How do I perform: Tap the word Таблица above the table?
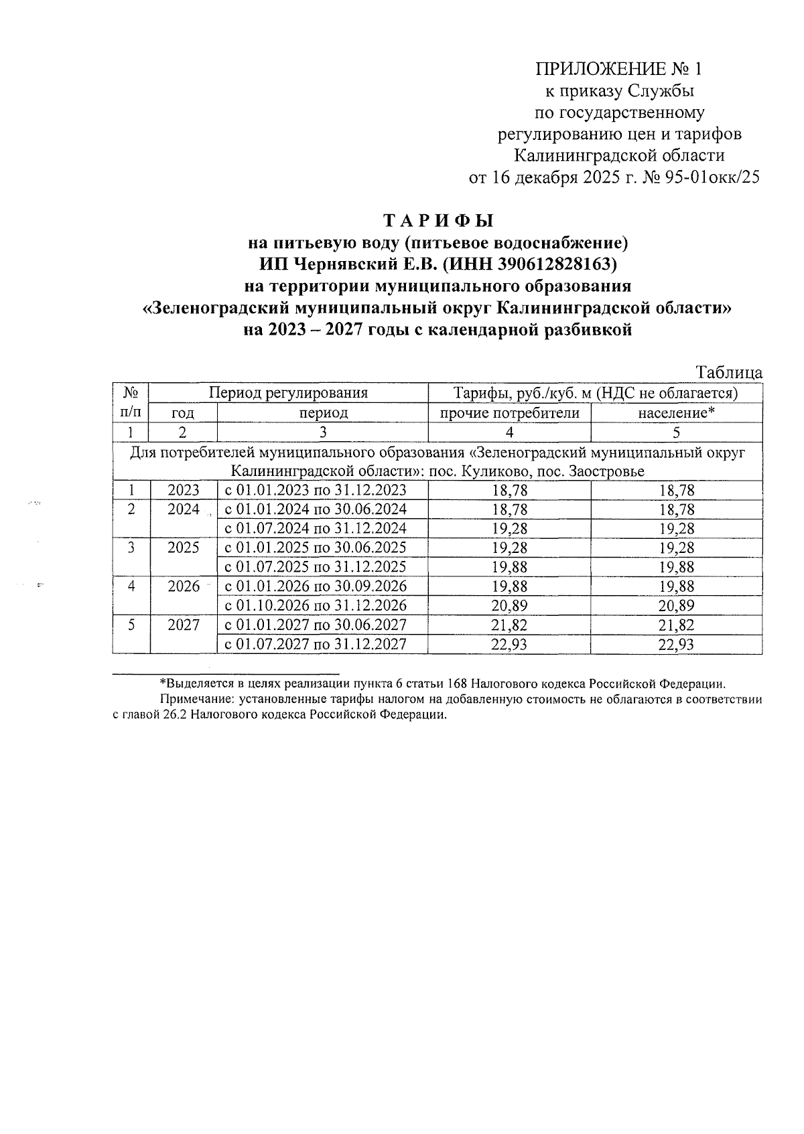tap(729, 372)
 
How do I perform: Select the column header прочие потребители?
tap(509, 413)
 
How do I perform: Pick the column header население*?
tap(676, 413)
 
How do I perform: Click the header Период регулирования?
tap(288, 393)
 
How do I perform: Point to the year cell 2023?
tap(184, 491)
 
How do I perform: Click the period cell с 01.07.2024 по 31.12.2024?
tap(316, 529)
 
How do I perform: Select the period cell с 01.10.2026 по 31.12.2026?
tap(316, 606)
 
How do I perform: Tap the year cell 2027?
tap(184, 625)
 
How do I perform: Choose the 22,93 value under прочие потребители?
tap(509, 645)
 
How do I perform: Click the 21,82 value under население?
tap(677, 625)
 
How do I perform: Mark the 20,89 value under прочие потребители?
tap(509, 606)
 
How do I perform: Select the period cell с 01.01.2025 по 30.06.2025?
tap(316, 548)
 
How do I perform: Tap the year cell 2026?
tap(184, 586)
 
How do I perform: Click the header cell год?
tap(183, 413)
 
